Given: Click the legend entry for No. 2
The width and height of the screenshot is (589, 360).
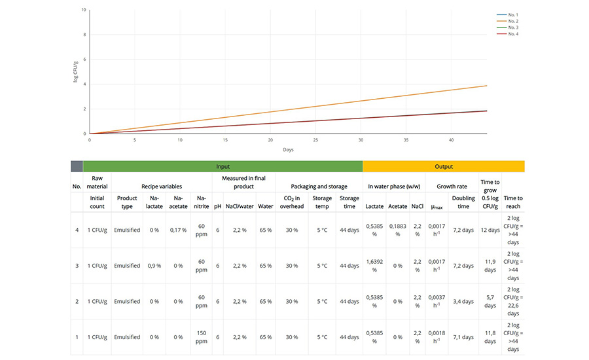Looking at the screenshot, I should pyautogui.click(x=512, y=21).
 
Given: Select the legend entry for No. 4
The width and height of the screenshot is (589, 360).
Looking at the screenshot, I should pyautogui.click(x=512, y=33).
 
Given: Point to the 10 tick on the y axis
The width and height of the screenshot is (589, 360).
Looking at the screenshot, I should pyautogui.click(x=83, y=10).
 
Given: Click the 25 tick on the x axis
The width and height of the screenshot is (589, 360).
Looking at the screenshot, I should pyautogui.click(x=315, y=139).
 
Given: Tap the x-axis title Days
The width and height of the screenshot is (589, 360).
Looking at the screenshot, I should pyautogui.click(x=288, y=150).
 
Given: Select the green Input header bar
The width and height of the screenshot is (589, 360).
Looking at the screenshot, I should pyautogui.click(x=223, y=166).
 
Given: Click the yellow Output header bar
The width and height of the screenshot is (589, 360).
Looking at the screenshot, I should pyautogui.click(x=443, y=166).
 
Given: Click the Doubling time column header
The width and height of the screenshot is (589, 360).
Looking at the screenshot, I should pyautogui.click(x=463, y=202).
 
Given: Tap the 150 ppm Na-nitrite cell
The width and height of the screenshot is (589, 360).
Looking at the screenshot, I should pyautogui.click(x=202, y=337).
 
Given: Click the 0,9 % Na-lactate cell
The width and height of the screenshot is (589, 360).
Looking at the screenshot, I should pyautogui.click(x=154, y=266).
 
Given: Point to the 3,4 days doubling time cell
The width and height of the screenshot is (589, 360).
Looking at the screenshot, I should pyautogui.click(x=463, y=301).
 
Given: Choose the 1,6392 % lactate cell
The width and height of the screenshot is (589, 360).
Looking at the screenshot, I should pyautogui.click(x=374, y=266).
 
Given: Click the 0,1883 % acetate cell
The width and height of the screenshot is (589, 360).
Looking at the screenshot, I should pyautogui.click(x=397, y=230).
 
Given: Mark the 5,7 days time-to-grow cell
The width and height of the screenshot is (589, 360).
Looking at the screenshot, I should pyautogui.click(x=490, y=301).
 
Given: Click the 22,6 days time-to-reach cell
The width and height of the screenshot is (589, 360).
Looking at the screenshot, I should pyautogui.click(x=513, y=301).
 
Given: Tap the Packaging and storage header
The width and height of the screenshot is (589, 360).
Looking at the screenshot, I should pyautogui.click(x=319, y=186).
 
